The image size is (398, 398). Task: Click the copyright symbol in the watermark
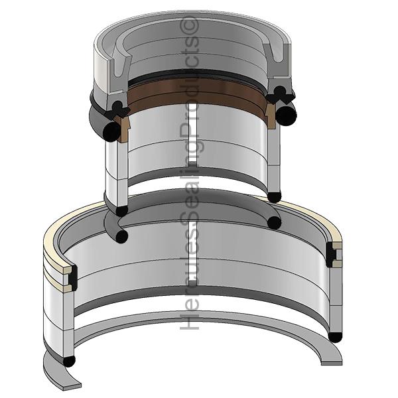(x=191, y=27)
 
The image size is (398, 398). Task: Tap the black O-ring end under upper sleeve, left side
(x=121, y=211)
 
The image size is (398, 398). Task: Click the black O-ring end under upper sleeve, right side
(x=273, y=197)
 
